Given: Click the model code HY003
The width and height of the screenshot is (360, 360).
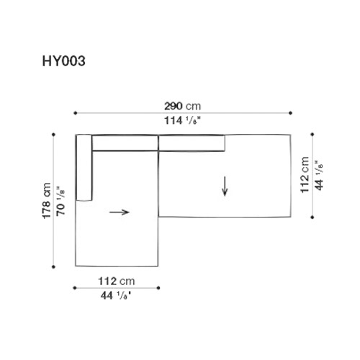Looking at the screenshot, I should [63, 61].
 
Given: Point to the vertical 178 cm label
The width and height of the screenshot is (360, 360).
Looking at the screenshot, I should [47, 199].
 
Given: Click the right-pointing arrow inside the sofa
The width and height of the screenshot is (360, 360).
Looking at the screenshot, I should [120, 212].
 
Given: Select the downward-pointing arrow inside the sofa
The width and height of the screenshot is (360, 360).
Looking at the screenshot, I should [225, 186].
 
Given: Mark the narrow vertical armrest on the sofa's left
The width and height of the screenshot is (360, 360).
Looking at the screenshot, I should [84, 168].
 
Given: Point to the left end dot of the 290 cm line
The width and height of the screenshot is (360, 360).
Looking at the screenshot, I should [75, 113].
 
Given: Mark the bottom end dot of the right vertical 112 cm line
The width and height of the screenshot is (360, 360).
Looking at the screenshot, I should [313, 217].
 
